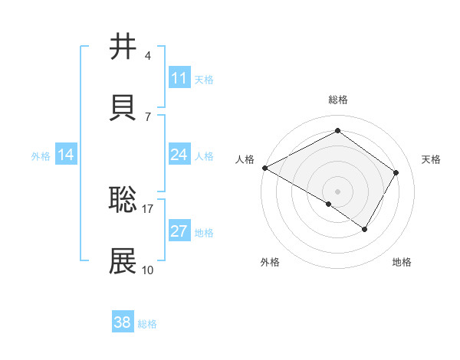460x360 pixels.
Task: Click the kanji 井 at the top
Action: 123,47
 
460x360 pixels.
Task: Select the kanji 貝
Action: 123,106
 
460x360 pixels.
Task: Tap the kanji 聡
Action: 123,199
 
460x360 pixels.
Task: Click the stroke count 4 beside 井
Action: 147,56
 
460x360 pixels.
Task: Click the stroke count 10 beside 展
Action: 147,270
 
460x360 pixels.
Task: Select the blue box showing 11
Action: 179,78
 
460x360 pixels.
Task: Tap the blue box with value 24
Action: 179,155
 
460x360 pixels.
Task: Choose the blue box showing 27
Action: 179,231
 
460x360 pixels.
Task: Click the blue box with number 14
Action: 66,155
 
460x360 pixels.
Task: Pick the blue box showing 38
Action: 123,322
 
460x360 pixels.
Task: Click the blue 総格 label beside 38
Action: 147,324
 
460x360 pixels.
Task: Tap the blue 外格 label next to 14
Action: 41,156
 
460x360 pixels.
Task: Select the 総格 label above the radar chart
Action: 337,100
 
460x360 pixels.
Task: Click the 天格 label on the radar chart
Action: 432,159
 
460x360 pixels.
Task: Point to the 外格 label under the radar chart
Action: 270,262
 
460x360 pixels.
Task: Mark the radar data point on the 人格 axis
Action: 264,168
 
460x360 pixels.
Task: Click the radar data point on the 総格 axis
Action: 337,131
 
